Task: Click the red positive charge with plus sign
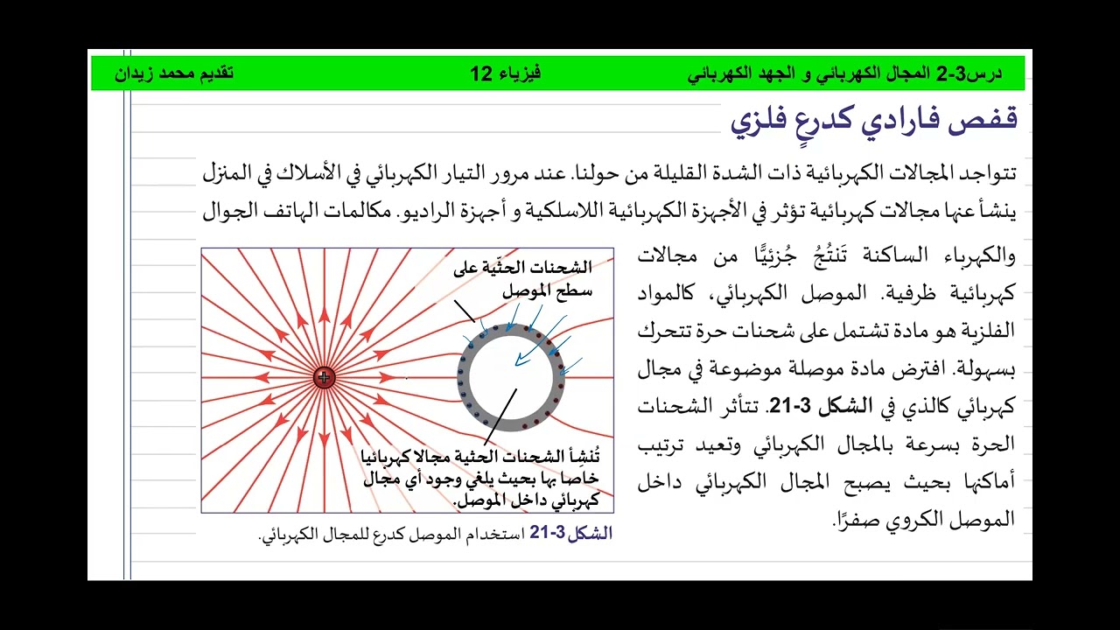(x=324, y=378)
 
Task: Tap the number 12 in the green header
(x=482, y=73)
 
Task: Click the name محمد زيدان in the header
(x=158, y=73)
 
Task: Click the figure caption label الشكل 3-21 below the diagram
(x=570, y=534)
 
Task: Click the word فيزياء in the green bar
(x=521, y=73)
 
